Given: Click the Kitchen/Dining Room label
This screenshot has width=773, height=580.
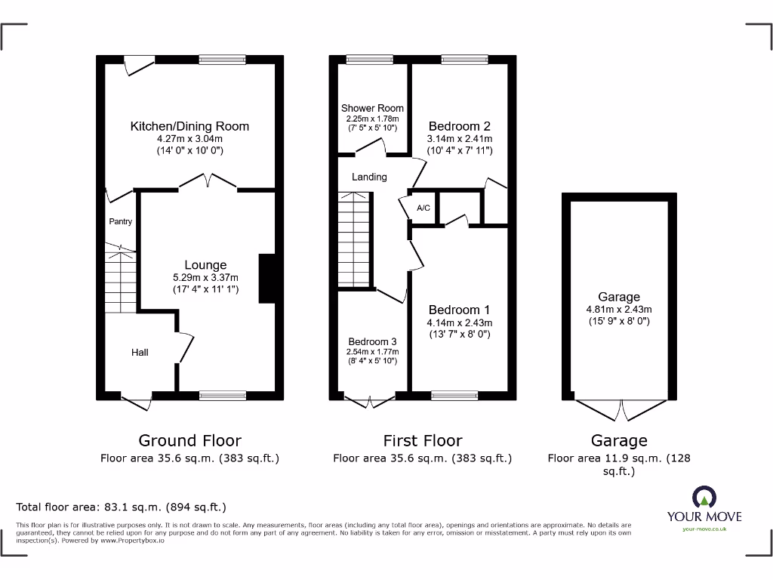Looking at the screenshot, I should [189, 126].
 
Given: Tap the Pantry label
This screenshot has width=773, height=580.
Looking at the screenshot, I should [120, 221].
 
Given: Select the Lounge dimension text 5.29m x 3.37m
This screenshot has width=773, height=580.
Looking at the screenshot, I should [205, 277].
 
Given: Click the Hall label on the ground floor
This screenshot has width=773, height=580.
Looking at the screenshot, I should [140, 352].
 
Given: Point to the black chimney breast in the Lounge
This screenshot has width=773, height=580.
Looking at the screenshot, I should [267, 279].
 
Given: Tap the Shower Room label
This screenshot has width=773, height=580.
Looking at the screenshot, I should [372, 108].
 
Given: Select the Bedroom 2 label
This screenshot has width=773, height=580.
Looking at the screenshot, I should [459, 126].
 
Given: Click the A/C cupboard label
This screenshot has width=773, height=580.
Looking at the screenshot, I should [423, 208].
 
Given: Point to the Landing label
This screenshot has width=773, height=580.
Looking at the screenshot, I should [369, 177].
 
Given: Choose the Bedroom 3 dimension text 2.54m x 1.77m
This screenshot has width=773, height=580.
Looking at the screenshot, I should [372, 352].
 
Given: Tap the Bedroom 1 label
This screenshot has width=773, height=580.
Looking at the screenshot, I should [459, 310].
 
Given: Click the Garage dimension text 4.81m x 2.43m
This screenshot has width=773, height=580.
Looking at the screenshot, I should [618, 309].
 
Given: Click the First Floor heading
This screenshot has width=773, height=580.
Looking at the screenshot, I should [422, 440].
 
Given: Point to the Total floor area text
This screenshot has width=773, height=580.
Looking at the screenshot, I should [121, 507].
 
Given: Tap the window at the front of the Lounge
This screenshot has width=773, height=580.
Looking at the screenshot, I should [223, 395].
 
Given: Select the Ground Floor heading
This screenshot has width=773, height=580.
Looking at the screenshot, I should [189, 440].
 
